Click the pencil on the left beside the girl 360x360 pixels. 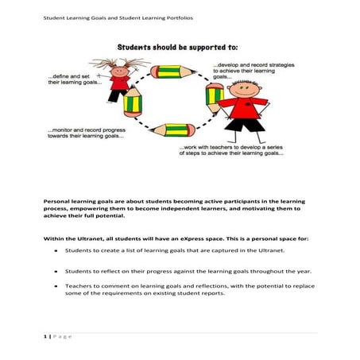coord(132,106)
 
